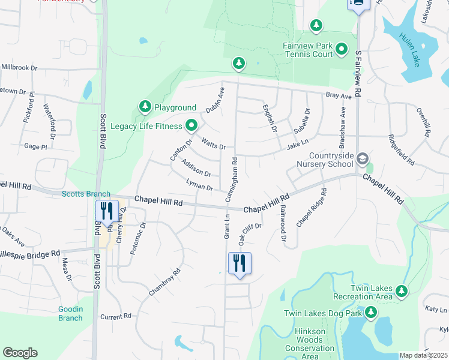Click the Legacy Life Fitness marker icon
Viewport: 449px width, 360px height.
[x=191, y=125]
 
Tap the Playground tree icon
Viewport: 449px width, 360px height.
[x=145, y=107]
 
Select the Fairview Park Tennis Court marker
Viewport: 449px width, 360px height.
[x=342, y=49]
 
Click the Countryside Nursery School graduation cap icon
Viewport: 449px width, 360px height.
[x=362, y=159]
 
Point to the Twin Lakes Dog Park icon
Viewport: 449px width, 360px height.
[x=371, y=313]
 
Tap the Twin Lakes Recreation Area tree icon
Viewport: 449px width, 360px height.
[x=401, y=292]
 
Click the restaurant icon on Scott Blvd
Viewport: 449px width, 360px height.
[x=106, y=212]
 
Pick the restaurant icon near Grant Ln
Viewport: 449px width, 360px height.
[x=239, y=263]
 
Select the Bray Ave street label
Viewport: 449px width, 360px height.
[x=338, y=96]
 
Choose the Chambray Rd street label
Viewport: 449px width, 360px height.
[x=164, y=282]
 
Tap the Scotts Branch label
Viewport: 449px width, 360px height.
[x=86, y=194]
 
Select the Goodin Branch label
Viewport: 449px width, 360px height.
[x=70, y=313]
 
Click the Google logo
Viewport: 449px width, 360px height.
[x=20, y=353]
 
